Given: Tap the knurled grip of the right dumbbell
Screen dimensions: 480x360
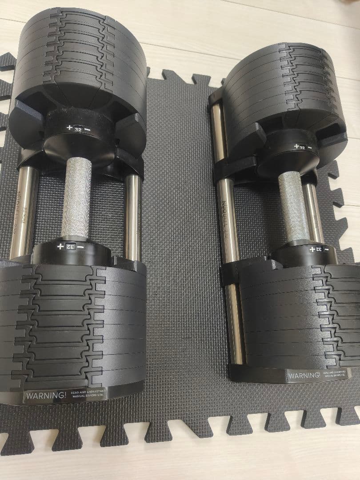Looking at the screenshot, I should (x=293, y=206).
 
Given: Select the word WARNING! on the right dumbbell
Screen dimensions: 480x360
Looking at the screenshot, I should (x=304, y=376).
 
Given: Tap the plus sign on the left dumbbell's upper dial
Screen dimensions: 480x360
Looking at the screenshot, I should (x=69, y=128).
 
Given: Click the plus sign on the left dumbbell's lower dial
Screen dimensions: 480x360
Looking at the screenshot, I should (x=60, y=246).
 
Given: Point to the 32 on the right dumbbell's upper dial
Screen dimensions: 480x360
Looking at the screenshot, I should (x=302, y=147).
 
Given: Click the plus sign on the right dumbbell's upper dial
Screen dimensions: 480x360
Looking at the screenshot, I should (x=296, y=146).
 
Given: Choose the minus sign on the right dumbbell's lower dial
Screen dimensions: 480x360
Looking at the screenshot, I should (x=327, y=250).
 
